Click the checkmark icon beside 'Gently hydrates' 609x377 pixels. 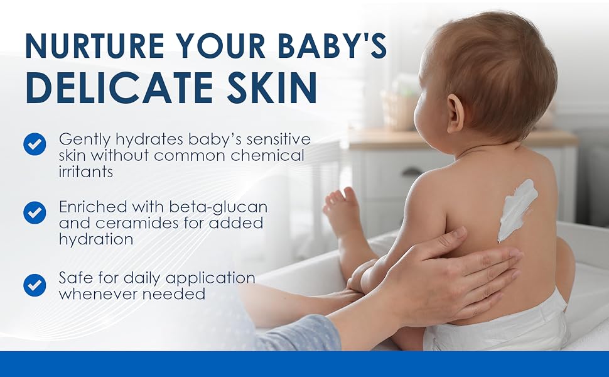[35, 144]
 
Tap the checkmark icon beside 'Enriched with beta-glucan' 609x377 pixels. [35, 212]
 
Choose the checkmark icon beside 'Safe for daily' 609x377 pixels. [35, 285]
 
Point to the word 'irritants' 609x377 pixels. [86, 172]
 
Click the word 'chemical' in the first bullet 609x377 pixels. [267, 155]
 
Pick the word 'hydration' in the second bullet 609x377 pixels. [96, 239]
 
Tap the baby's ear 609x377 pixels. [455, 112]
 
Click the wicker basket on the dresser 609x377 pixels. [396, 109]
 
